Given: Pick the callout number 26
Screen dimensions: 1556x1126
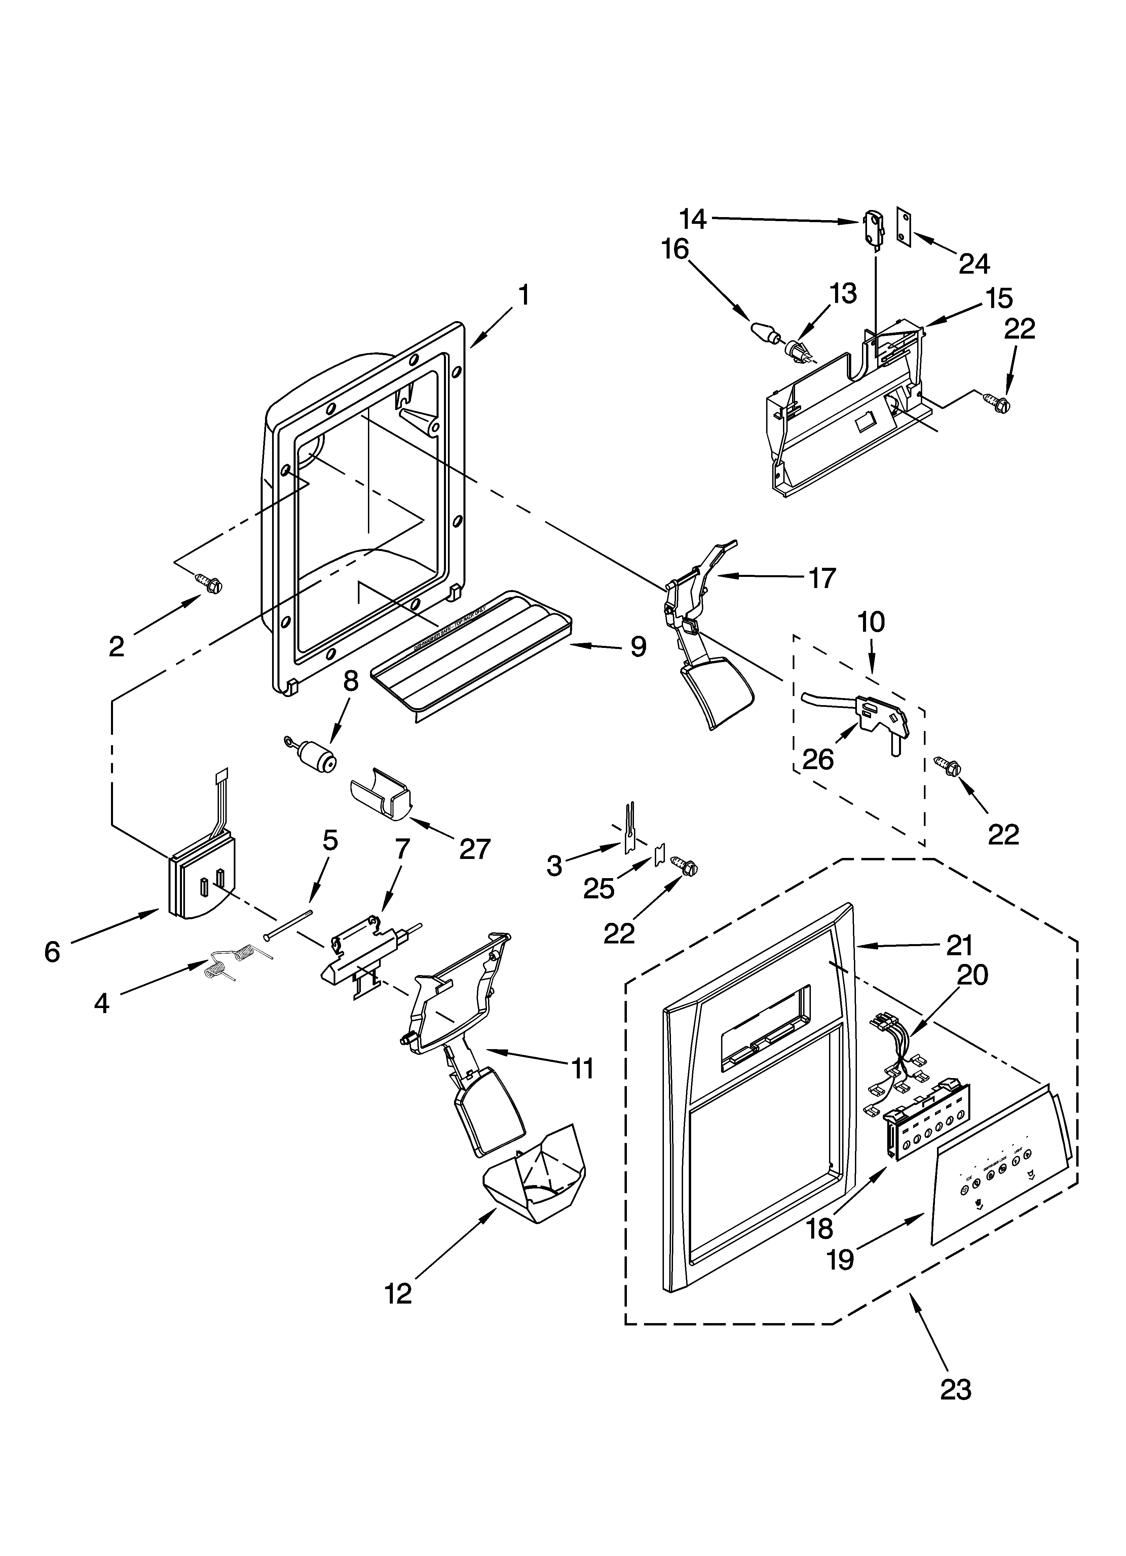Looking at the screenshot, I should (818, 759).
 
